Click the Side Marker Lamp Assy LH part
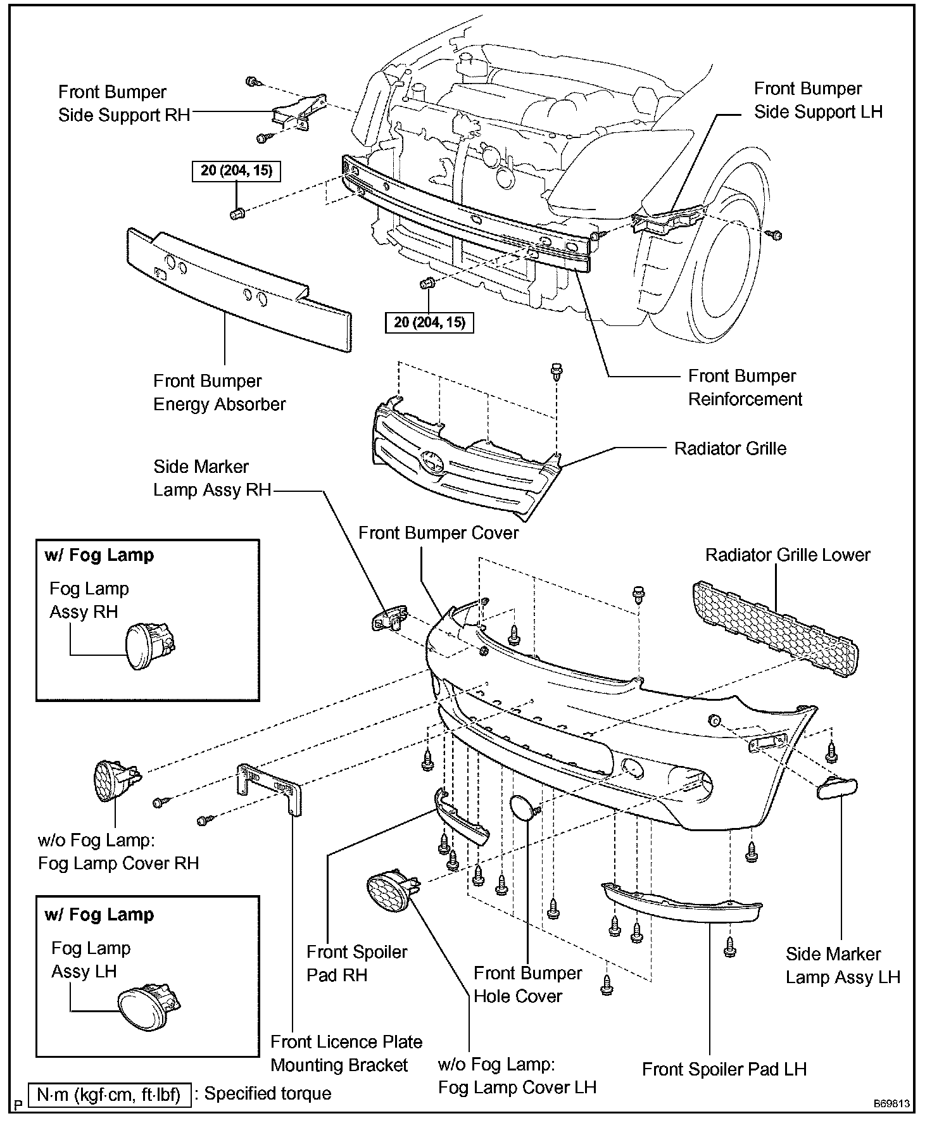coord(838,788)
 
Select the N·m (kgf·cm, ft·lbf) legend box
coord(109,1094)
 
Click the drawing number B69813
coord(891,1103)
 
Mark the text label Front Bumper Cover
coord(438,533)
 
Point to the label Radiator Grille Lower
coord(788,555)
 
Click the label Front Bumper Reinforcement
coord(745,387)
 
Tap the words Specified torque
coord(267,1094)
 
